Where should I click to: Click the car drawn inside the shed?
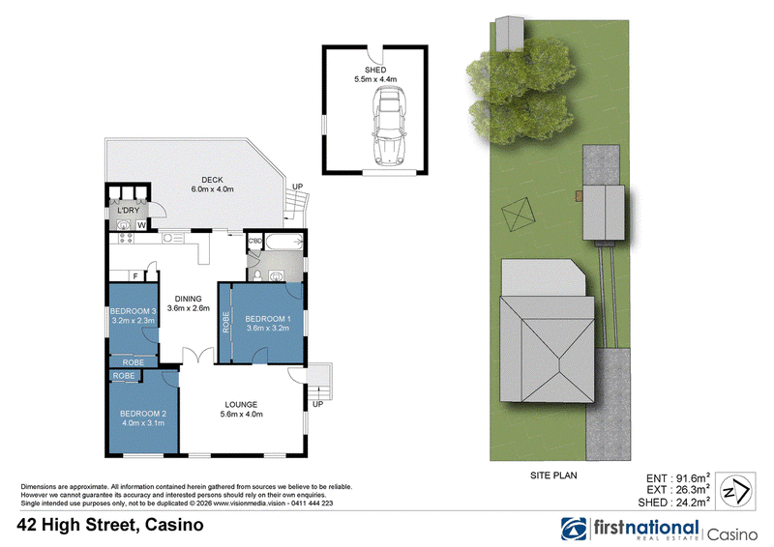(389, 126)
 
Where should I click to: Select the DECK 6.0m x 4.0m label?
(212, 185)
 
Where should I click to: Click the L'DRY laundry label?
(129, 211)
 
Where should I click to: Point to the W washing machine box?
(141, 225)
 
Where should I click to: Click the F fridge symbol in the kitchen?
(135, 276)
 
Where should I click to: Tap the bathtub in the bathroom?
(283, 242)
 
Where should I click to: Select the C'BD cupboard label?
(254, 241)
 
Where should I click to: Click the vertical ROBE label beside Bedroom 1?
(226, 322)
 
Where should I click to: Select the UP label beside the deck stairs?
(298, 187)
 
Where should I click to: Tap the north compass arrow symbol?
(735, 491)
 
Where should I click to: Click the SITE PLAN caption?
(553, 475)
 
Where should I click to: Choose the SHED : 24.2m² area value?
(673, 503)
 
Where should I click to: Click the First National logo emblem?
(574, 530)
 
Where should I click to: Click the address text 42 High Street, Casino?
(110, 525)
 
